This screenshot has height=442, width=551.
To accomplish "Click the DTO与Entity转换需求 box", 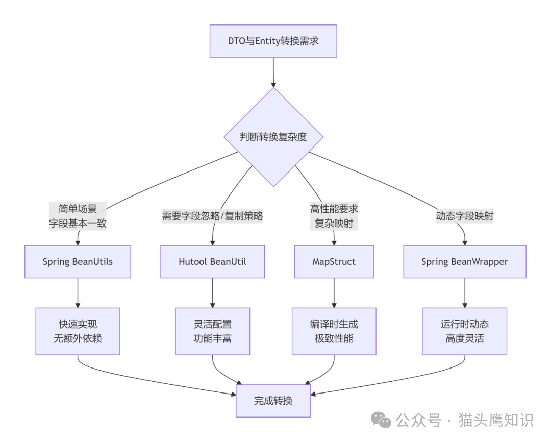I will [273, 41].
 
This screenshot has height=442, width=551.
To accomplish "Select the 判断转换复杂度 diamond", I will [273, 137].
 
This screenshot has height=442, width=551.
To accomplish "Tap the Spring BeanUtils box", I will [78, 262].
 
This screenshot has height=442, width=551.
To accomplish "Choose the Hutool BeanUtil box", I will [212, 262].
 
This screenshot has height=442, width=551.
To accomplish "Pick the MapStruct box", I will [334, 262].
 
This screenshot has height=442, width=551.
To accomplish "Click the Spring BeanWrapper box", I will [464, 262].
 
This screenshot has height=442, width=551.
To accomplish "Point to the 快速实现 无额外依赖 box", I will [78, 331].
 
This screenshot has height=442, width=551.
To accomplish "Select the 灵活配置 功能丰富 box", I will [212, 331].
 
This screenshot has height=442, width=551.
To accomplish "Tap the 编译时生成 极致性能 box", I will [334, 331].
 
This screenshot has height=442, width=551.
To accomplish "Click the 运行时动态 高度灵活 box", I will [464, 331].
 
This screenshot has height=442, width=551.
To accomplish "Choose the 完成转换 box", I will [273, 401].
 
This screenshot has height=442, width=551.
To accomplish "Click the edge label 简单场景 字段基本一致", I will [78, 216].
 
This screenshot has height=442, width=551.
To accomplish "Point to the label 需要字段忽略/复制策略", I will [212, 216].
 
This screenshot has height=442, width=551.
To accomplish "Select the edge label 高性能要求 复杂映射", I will [334, 216].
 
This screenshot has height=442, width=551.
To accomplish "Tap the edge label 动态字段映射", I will [464, 216].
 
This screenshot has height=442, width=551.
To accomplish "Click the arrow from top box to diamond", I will [273, 72].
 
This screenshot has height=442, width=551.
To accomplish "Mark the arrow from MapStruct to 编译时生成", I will [334, 292].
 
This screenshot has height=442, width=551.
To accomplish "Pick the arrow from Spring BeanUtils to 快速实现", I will [78, 292].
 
